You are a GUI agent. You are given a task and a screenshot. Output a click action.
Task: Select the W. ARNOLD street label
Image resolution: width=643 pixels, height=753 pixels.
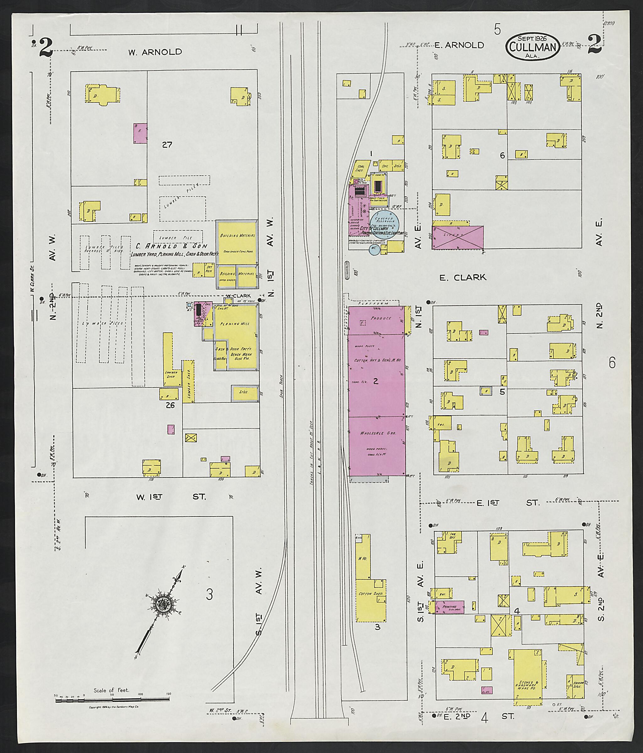point(155,52)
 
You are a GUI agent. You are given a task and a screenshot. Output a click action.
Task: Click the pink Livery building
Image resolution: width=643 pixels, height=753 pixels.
point(458,237)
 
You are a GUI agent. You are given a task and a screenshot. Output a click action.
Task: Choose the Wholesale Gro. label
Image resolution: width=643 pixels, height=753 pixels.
point(376,434)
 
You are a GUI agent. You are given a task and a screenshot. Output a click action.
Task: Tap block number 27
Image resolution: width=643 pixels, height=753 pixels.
point(167,145)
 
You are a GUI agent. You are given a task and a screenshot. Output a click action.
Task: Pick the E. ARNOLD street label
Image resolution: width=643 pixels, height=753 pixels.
point(459,45)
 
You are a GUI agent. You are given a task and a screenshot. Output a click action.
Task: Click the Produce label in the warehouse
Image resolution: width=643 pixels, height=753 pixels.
point(381,318)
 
